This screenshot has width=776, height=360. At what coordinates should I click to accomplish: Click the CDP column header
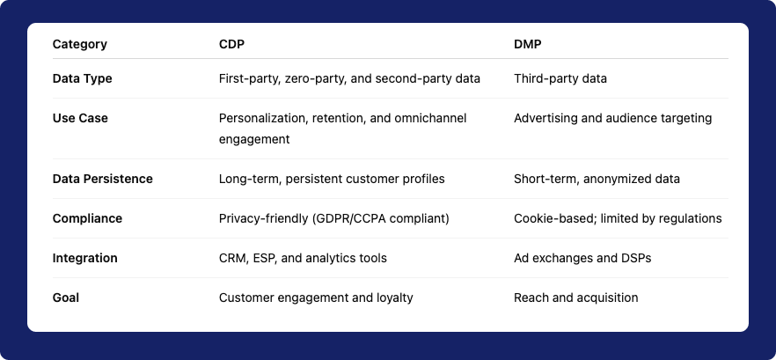point(231,44)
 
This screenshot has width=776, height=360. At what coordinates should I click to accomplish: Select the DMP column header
point(528,44)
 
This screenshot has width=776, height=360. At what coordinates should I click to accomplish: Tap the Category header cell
point(79,44)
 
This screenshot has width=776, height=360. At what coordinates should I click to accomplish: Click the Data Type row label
point(83,78)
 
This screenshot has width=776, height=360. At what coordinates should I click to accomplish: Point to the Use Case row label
point(80,118)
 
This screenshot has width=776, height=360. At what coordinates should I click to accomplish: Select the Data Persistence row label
point(102,179)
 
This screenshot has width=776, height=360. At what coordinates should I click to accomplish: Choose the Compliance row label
point(87,218)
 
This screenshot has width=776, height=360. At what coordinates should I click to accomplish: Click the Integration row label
point(85,258)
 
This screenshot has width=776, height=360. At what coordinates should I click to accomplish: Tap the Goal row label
point(66,298)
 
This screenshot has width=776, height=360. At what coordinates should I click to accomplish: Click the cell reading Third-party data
point(560,78)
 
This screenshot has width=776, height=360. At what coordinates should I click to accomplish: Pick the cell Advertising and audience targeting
point(612,118)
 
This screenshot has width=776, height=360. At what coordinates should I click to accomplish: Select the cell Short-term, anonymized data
point(597,179)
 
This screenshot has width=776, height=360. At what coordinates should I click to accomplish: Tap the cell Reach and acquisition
point(575,298)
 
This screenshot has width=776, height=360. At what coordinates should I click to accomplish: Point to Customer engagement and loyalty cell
point(316,298)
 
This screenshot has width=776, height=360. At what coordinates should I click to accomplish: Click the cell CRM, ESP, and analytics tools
point(303,258)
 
